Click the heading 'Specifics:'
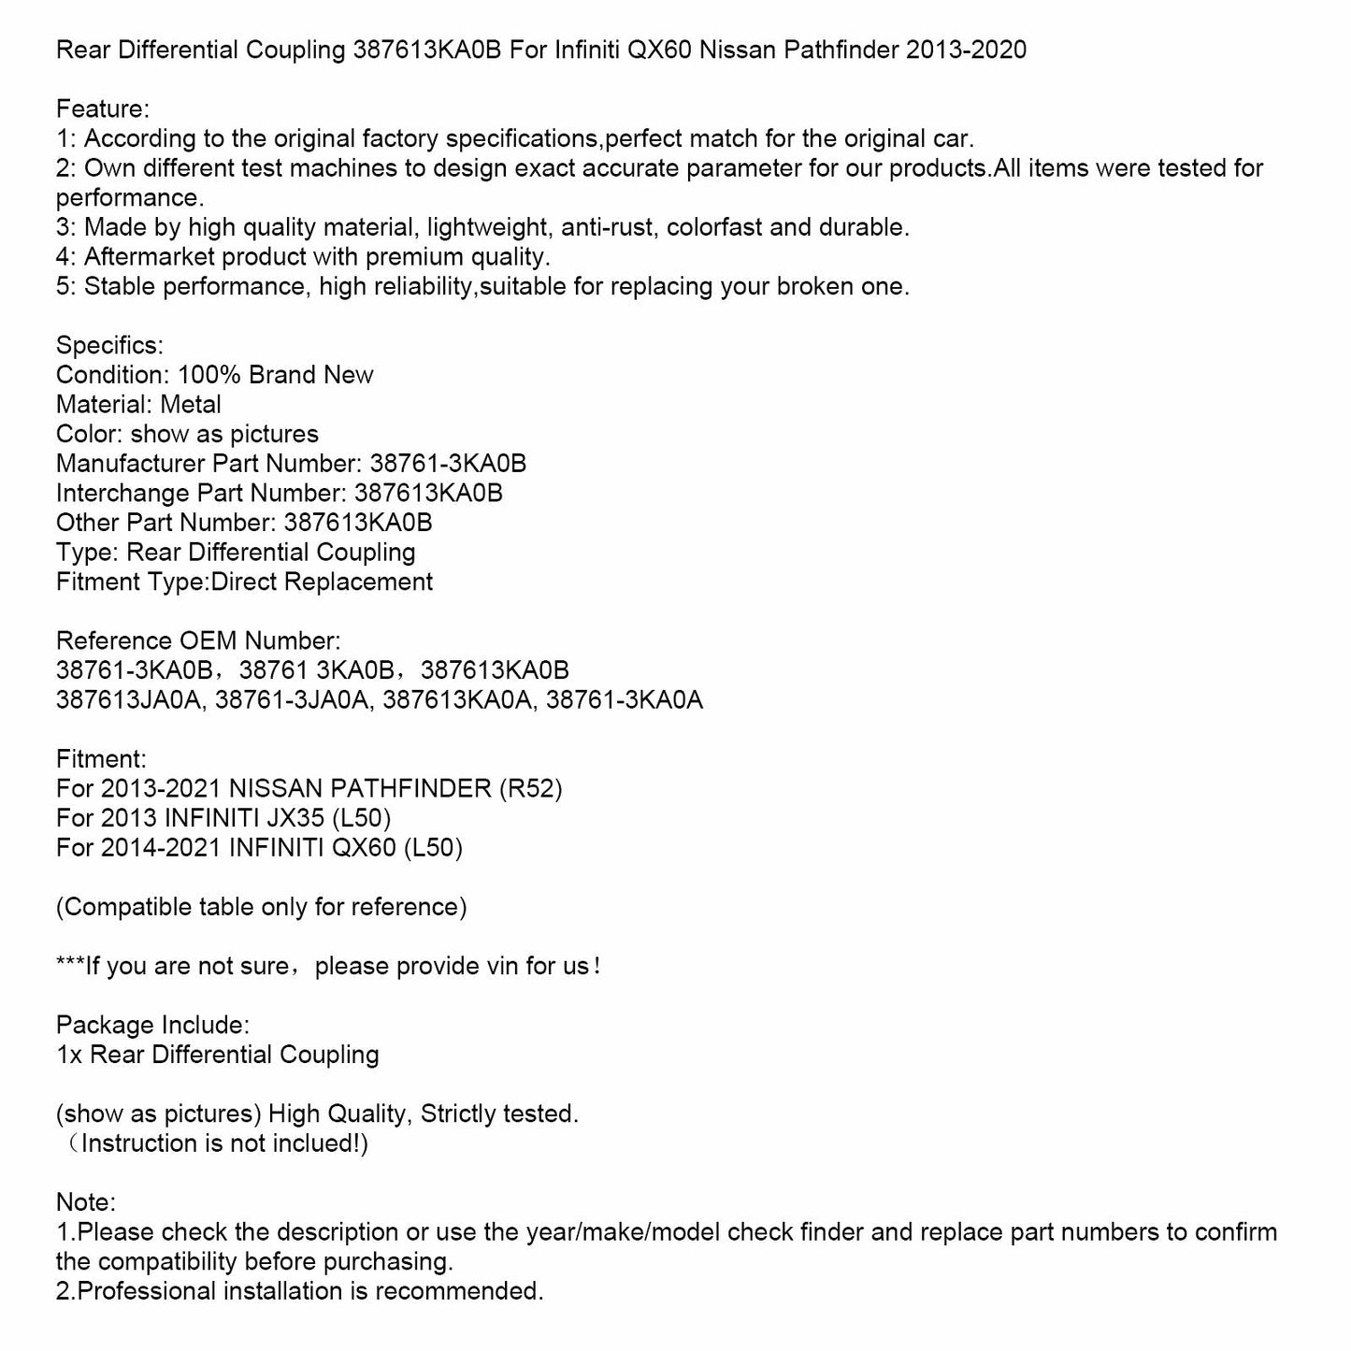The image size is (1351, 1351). point(109,345)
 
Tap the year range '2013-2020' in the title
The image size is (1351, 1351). point(966,50)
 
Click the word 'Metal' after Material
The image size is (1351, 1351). point(191,405)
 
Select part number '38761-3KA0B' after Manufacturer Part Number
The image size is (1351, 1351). point(448,464)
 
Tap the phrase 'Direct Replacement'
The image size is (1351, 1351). point(322,582)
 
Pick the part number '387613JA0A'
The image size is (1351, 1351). point(129,699)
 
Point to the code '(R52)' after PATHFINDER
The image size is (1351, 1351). point(531,788)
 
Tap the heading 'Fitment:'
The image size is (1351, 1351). point(101,759)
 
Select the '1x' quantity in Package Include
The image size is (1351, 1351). point(68,1055)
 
